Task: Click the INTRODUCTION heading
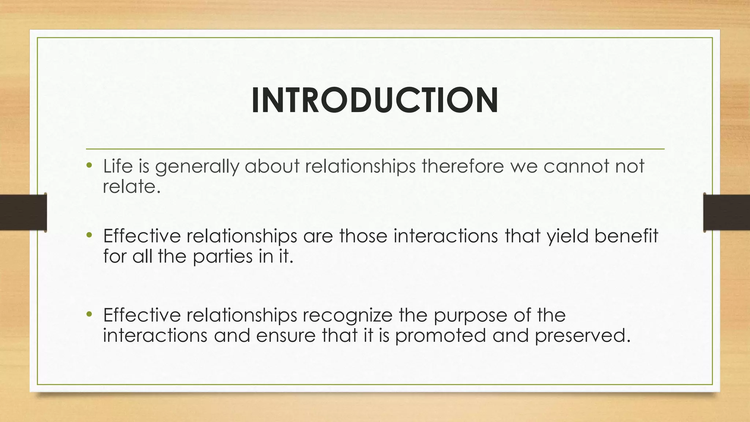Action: tap(375, 101)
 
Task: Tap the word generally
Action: tap(197, 167)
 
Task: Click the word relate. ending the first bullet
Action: tap(132, 187)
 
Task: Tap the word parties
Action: tap(223, 256)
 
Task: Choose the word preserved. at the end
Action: tap(583, 336)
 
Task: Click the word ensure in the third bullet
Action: tap(286, 336)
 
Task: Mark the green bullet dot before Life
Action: tap(89, 166)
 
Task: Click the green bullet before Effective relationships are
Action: tap(89, 236)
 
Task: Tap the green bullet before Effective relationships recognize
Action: tap(89, 315)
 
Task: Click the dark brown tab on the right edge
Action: tap(727, 212)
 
